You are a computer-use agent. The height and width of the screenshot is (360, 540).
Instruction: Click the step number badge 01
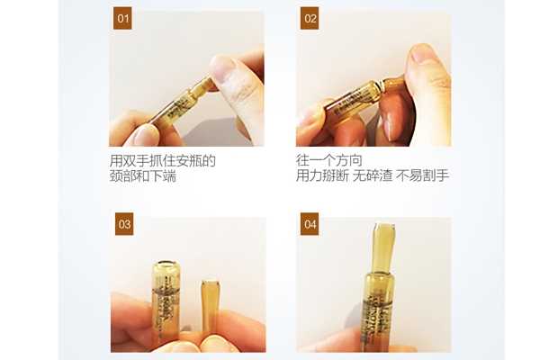click(x=123, y=19)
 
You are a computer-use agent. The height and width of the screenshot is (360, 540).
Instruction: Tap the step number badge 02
click(x=309, y=19)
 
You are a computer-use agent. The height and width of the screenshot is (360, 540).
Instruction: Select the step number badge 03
click(x=123, y=225)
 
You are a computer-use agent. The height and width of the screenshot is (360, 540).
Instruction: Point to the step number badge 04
click(x=309, y=225)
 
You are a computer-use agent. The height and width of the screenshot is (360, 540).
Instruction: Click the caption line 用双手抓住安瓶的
click(x=162, y=161)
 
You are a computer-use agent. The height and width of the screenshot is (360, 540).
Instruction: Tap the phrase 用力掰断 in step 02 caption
click(x=322, y=177)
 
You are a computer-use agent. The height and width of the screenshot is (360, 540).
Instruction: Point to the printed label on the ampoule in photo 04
click(x=382, y=306)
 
